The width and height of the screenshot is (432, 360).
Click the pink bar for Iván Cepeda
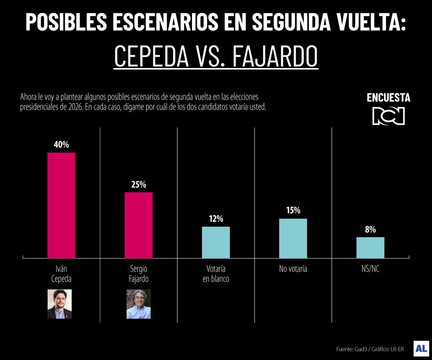coord(61,205)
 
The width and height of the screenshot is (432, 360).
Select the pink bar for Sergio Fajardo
coord(138,225)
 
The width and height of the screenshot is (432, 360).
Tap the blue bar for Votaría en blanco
coord(216,242)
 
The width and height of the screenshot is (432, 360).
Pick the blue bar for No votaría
coord(293,238)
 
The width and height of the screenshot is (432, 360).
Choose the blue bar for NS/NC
coord(370,248)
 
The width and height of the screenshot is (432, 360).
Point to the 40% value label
coord(61,145)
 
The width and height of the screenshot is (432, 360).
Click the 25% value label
coord(138,185)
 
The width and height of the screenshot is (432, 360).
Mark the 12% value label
coord(216,219)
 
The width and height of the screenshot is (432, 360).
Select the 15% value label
coord(293,210)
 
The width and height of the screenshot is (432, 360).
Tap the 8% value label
coord(370,230)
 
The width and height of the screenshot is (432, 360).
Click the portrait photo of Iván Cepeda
coord(60,304)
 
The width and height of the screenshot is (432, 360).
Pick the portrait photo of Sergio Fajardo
coord(138,304)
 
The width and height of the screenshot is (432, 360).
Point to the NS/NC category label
coord(370,269)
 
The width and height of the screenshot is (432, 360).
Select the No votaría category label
coord(293,269)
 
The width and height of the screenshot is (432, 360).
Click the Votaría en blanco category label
coord(216,274)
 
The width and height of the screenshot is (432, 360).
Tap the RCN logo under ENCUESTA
coord(388,116)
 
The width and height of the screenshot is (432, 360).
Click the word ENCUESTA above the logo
coord(388,98)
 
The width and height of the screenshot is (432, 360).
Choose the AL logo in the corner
coord(421,348)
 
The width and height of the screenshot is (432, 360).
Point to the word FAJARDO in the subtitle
coord(275,57)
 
